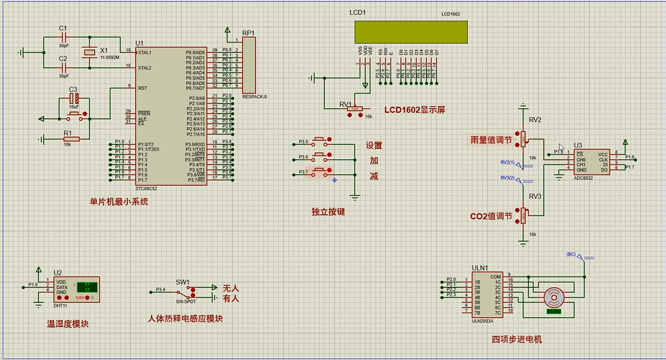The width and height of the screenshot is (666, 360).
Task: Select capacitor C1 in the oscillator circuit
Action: pyautogui.click(x=63, y=38)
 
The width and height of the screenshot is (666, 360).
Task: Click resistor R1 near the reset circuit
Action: pyautogui.click(x=71, y=139)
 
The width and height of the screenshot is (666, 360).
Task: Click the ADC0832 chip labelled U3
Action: pyautogui.click(x=590, y=160)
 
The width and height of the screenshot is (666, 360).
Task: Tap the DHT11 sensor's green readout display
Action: pyautogui.click(x=86, y=286)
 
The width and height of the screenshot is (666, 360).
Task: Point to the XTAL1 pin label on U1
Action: pyautogui.click(x=145, y=52)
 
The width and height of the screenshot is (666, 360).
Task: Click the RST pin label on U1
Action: pyautogui.click(x=143, y=88)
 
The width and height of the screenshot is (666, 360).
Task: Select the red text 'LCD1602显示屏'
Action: pyautogui.click(x=415, y=109)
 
